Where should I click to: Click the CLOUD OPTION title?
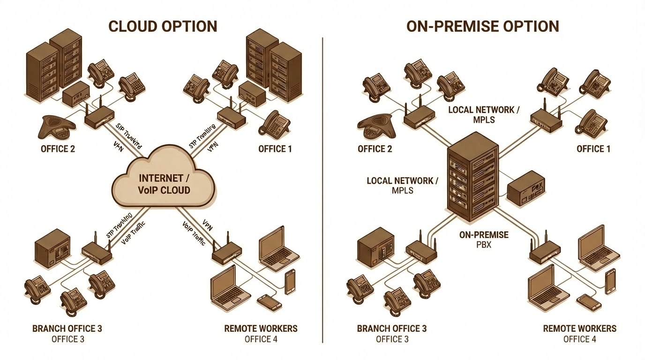click(x=163, y=26)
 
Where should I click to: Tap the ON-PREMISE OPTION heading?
click(x=482, y=26)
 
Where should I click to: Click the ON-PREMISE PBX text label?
click(x=484, y=239)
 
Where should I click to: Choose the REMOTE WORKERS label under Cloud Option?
click(x=261, y=328)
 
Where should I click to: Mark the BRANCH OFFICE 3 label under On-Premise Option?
click(x=392, y=328)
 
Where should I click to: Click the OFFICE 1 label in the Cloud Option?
click(x=275, y=149)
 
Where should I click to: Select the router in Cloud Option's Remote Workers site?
click(x=227, y=253)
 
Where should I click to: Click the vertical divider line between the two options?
click(x=323, y=187)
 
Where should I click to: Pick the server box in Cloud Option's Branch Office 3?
click(x=52, y=246)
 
